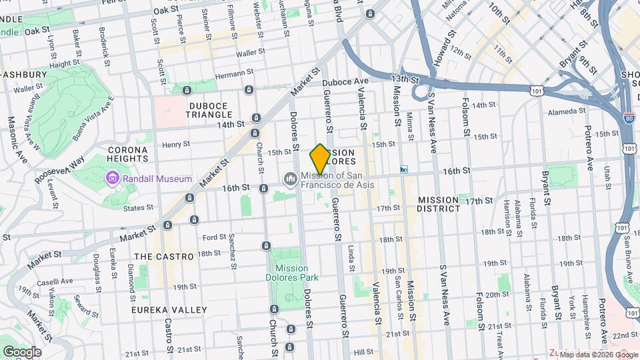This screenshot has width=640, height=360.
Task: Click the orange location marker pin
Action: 320,159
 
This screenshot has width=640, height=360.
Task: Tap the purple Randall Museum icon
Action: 111,178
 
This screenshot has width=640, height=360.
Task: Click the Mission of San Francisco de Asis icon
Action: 290,179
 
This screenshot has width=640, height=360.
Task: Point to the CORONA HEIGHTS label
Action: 127,154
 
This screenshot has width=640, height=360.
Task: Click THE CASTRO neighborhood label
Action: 163,256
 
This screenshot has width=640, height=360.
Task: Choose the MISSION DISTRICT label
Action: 439,204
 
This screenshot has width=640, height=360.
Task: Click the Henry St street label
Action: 176,144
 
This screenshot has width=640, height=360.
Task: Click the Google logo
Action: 22,352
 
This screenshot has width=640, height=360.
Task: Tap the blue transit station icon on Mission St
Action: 403,169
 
